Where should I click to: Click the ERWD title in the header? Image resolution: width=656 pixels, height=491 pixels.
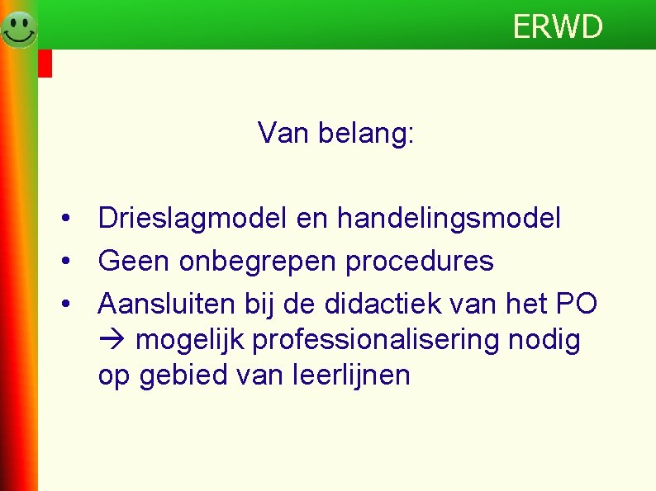point(558,27)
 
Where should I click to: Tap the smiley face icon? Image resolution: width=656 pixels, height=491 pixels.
point(18,29)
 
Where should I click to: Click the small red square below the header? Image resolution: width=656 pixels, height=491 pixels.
point(45,64)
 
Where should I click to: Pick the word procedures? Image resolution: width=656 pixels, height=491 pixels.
point(420,262)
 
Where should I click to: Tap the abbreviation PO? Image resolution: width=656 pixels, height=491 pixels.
point(576,304)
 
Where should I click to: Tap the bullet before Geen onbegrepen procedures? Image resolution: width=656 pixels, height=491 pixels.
point(64,262)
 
